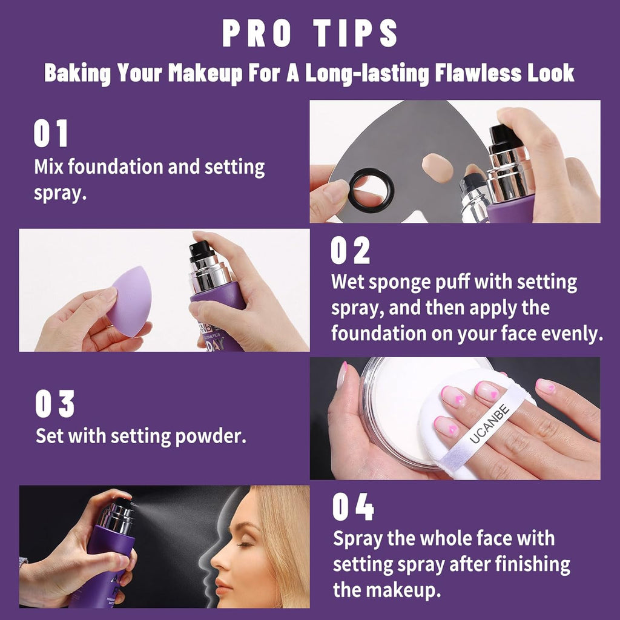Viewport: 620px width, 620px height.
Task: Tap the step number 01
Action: [x=51, y=134]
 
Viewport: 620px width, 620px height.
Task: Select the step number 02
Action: [x=350, y=251]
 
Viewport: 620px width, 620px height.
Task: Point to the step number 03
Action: [x=54, y=404]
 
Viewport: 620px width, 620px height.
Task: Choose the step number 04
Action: [x=353, y=508]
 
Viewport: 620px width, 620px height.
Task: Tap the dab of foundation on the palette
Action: [x=438, y=168]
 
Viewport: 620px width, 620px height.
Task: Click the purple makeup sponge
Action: [x=130, y=300]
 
